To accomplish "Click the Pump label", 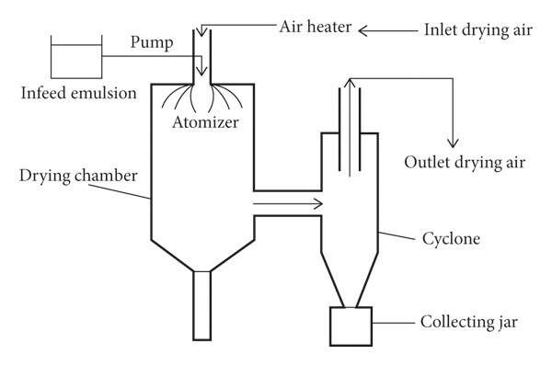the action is tap(152, 43).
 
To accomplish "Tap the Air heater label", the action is tap(316, 27).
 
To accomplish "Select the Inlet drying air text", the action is tap(478, 30).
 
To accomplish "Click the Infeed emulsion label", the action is tap(78, 93).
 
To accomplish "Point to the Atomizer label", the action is tap(205, 122).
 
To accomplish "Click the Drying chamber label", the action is tap(78, 176).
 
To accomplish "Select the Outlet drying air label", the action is tap(465, 163).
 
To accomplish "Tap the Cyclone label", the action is tap(451, 239).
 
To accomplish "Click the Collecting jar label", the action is tap(469, 323).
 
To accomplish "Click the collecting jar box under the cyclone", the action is tap(351, 326).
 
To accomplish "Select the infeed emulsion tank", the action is tap(76, 57).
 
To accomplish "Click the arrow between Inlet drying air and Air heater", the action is tap(388, 31).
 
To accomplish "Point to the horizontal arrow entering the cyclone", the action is tap(288, 204).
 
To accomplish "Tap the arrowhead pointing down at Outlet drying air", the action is tap(453, 143).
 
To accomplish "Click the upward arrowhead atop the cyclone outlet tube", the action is tap(350, 83).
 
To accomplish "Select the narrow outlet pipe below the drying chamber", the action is tap(202, 305).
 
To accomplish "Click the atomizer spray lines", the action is tap(202, 97).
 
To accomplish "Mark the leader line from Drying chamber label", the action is tap(120, 191).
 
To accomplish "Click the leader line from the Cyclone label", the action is tap(397, 235).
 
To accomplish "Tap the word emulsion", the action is tap(104, 93).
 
